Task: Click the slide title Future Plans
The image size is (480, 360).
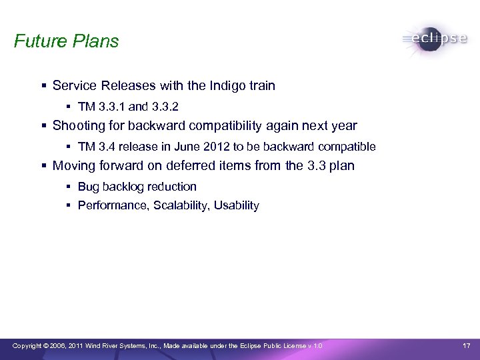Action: tap(66, 41)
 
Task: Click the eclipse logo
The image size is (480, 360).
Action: tap(435, 38)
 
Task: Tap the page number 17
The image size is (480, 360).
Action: tap(467, 345)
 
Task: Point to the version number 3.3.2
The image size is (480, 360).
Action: tap(164, 107)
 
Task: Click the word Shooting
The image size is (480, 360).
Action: tap(77, 126)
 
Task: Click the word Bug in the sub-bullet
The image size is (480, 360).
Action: tap(88, 187)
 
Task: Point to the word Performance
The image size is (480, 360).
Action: tap(113, 206)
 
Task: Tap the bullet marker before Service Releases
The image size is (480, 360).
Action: tap(43, 86)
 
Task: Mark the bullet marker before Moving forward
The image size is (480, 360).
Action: tap(43, 166)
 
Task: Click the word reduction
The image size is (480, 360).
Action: tap(173, 187)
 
